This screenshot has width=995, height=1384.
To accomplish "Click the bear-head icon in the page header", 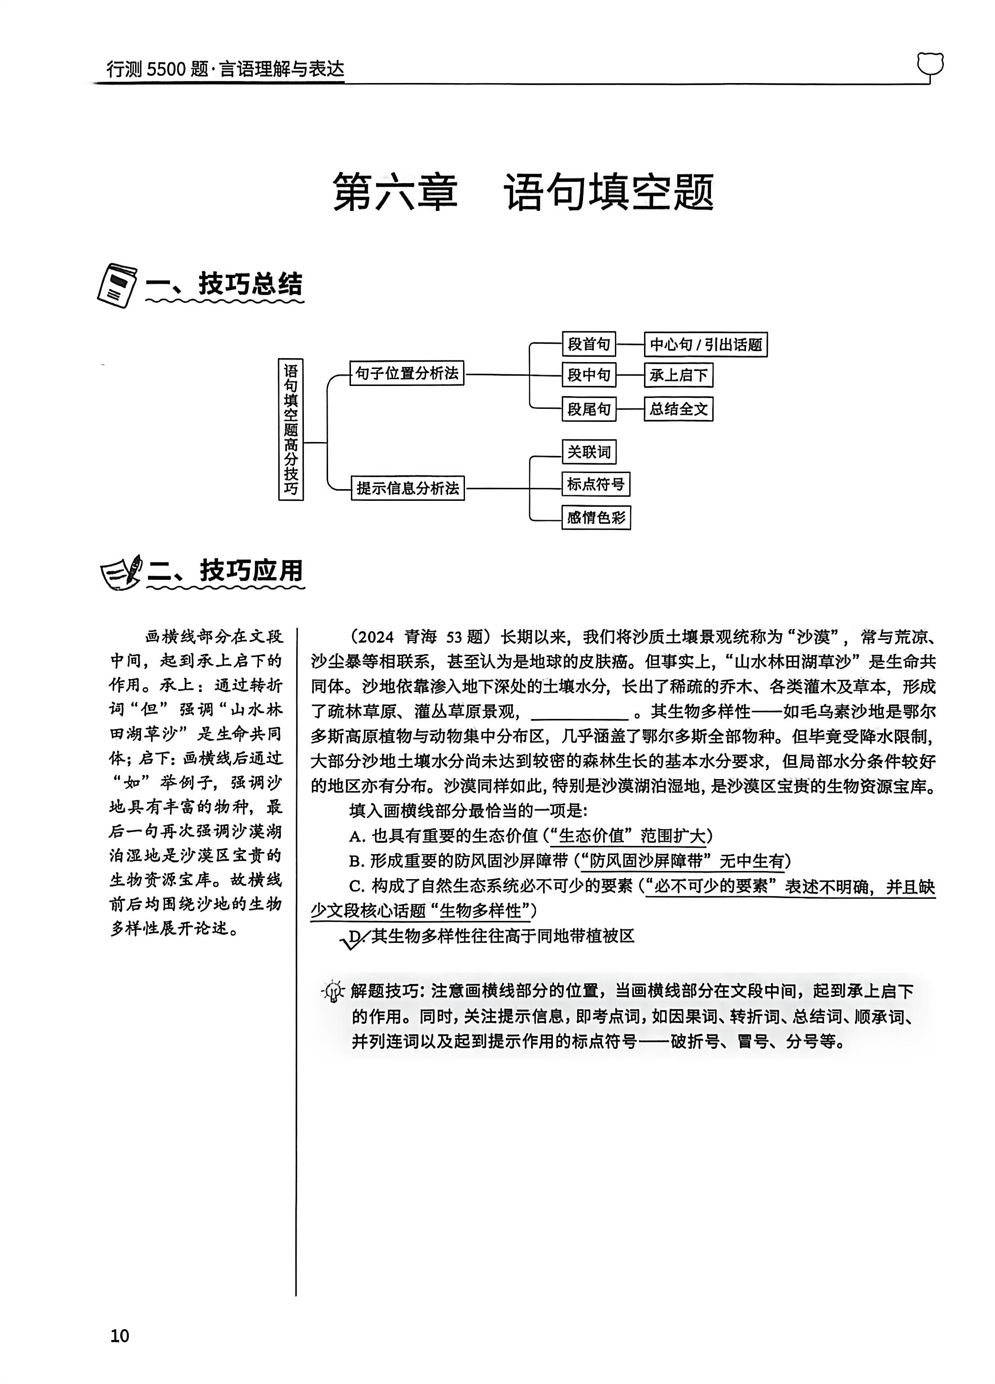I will [929, 66].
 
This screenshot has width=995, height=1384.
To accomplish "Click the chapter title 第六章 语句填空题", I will [523, 192].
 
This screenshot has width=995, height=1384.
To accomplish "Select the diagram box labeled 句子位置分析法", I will [407, 373].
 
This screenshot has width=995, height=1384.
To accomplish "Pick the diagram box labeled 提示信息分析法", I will [407, 488].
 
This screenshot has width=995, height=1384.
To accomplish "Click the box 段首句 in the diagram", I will [588, 344].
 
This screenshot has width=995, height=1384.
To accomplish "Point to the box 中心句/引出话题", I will [706, 345].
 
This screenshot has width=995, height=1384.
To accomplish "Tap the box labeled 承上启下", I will [678, 375].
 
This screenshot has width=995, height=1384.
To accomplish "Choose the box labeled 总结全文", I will [678, 409].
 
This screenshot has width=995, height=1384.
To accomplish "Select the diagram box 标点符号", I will [596, 485].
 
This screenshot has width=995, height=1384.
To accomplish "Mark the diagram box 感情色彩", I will [596, 517].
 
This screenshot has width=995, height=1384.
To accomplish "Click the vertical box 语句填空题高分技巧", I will [290, 429].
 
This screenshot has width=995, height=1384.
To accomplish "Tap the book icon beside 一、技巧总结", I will [117, 285].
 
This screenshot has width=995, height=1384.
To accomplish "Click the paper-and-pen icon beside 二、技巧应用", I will [121, 572].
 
